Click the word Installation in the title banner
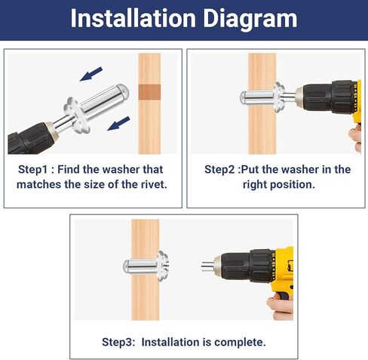coord(133,18)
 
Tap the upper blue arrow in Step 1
coord(91,74)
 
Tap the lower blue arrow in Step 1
coord(118,124)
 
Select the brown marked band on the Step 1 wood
coord(149,92)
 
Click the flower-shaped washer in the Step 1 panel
coord(77,115)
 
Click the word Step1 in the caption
coord(33,170)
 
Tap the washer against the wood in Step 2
coord(279,97)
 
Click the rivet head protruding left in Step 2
coord(244,97)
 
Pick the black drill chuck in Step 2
coord(327,97)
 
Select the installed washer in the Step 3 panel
coord(162,266)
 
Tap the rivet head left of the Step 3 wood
coord(127,266)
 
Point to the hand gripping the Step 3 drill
coord(281,307)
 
